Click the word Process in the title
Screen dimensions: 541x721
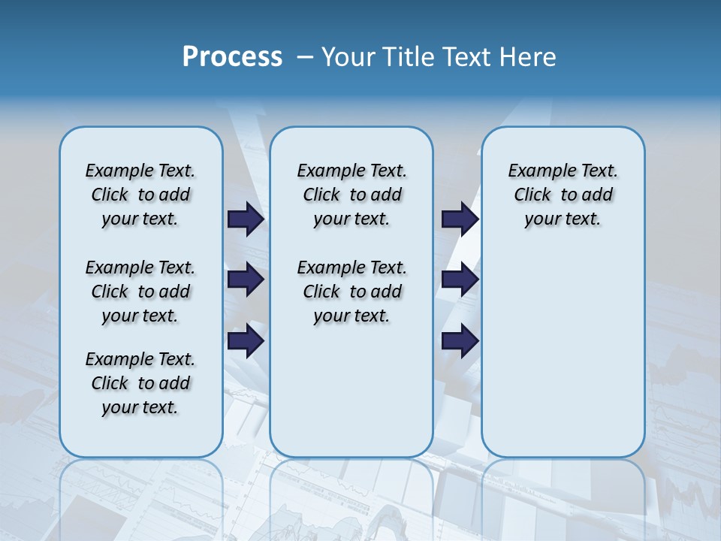point(232,57)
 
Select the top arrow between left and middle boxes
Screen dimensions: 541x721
point(246,219)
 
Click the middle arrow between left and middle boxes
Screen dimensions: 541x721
point(246,280)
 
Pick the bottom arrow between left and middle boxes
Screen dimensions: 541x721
point(246,340)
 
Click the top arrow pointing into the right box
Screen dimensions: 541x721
point(460,219)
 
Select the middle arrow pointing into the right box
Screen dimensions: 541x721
point(460,280)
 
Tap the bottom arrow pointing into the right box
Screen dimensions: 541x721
point(460,340)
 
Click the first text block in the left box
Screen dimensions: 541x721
point(140,195)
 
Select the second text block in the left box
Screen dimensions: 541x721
point(140,292)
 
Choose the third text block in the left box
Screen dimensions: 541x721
point(140,383)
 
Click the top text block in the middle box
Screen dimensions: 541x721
point(351,195)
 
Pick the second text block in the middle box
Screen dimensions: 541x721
point(351,292)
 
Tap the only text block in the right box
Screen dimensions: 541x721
point(563,195)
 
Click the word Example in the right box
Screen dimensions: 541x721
point(538,171)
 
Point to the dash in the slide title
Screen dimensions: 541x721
point(305,57)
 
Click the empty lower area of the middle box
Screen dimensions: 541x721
point(351,391)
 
